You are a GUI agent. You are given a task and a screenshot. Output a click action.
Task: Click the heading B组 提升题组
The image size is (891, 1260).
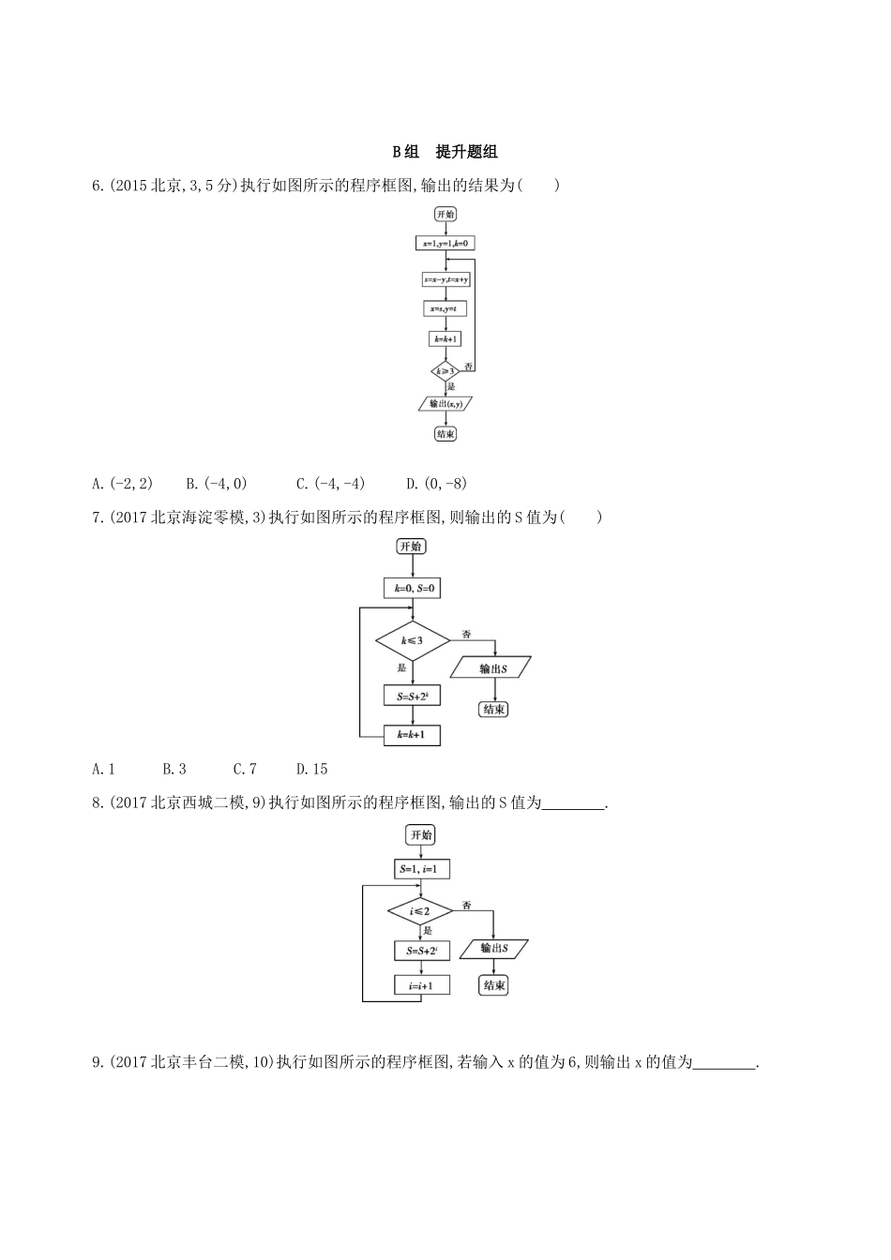[445, 152]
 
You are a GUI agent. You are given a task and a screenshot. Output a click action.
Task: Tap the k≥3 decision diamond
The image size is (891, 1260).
[445, 371]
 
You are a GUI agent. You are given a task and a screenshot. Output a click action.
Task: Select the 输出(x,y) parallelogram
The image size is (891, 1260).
[445, 403]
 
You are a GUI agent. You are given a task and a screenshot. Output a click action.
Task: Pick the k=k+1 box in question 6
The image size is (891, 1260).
[445, 338]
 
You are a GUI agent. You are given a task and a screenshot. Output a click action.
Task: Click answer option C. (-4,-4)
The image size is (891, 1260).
[330, 484]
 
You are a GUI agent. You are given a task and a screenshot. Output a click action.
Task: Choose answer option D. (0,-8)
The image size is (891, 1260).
[436, 484]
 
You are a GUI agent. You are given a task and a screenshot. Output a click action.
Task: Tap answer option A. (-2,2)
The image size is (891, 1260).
[122, 484]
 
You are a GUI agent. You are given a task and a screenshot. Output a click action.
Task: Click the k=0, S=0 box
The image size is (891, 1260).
[412, 588]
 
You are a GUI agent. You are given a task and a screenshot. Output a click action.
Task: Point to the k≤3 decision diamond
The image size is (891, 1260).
[412, 641]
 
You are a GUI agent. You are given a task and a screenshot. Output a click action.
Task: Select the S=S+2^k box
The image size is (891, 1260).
[412, 696]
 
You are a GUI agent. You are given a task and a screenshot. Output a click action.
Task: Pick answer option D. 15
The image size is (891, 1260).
[311, 769]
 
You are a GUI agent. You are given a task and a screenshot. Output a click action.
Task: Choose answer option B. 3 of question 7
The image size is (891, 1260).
[174, 769]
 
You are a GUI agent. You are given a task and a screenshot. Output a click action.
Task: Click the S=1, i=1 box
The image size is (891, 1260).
[421, 869]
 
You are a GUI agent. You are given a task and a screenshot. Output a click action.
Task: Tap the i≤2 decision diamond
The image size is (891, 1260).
[421, 911]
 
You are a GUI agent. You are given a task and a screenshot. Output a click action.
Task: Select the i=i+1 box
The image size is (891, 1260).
[421, 985]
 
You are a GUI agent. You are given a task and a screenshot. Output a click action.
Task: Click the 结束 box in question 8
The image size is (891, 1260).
[493, 985]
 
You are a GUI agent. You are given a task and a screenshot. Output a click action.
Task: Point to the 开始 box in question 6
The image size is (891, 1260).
[445, 214]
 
